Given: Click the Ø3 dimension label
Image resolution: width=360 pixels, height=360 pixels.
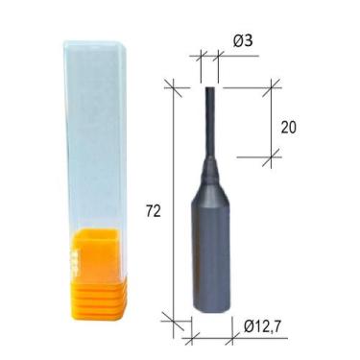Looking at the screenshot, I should tap(241, 40).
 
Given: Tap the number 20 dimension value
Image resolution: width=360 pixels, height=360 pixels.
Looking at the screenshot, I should tap(287, 126).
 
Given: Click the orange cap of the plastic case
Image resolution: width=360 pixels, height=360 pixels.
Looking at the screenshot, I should tap(96, 259).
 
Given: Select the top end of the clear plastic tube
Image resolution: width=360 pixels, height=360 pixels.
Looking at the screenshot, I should tap(94, 45).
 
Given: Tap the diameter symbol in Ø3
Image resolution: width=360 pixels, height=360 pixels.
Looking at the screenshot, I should tap(235, 40).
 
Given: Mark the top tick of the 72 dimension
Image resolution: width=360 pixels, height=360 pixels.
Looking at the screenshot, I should tap(174, 87).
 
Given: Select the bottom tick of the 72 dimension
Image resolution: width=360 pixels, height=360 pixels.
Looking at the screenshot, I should tap(174, 319).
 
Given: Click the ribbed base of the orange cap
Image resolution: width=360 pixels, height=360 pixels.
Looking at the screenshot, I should tap(96, 300).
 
